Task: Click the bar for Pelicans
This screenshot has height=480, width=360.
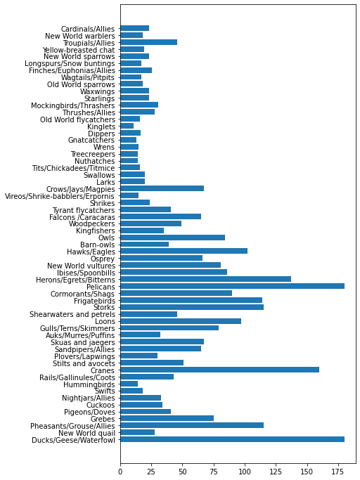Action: [x=232, y=286]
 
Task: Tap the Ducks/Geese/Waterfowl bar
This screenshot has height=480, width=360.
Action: [x=232, y=439]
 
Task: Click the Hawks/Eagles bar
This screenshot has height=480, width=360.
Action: [x=184, y=251]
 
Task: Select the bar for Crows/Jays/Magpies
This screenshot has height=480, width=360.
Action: [x=162, y=188]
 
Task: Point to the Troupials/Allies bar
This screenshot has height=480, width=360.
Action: [x=148, y=42]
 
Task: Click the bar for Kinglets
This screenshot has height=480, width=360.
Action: [x=127, y=126]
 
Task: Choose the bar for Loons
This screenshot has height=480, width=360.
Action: [x=181, y=320]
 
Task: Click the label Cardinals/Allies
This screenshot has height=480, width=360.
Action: [x=88, y=29]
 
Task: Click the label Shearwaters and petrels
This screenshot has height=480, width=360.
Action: [x=72, y=314]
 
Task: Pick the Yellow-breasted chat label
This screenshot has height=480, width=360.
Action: [x=79, y=50]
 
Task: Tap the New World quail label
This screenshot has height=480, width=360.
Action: [x=86, y=433]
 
